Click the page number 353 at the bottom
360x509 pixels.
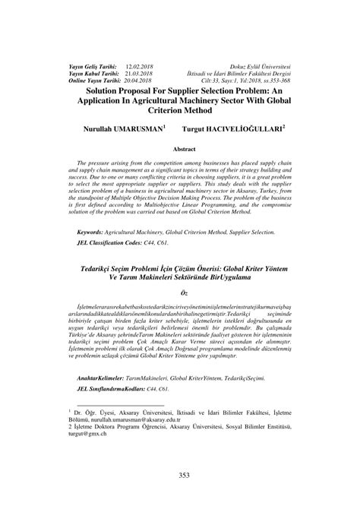[180, 476]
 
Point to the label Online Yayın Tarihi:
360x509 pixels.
[77, 80]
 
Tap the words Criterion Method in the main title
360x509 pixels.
[180, 111]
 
